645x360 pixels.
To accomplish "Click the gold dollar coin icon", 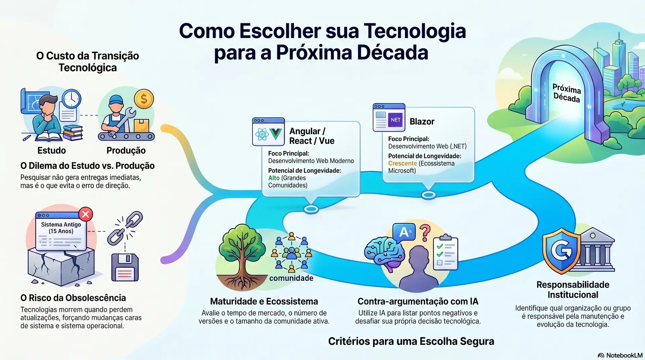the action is pyautogui.click(x=144, y=99).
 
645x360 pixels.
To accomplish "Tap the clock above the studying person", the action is pyautogui.click(x=71, y=99).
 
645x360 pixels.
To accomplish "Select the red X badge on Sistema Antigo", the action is pyautogui.click(x=86, y=214).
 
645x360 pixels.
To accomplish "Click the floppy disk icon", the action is pyautogui.click(x=125, y=267).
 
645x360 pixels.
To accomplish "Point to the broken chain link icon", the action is pyautogui.click(x=125, y=228).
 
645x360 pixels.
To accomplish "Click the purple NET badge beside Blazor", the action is pyautogui.click(x=395, y=120).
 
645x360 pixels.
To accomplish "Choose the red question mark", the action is pyautogui.click(x=425, y=233).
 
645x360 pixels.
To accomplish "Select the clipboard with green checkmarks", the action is pyautogui.click(x=445, y=252).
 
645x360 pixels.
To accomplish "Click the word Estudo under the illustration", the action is pyautogui.click(x=52, y=150).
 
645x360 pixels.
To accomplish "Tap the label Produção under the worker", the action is pyautogui.click(x=126, y=150).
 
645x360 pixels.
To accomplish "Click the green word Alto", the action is pyautogui.click(x=274, y=178).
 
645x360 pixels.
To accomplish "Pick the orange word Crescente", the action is pyautogui.click(x=402, y=164).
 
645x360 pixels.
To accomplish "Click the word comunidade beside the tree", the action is pyautogui.click(x=291, y=278).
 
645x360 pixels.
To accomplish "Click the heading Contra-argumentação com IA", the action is pyautogui.click(x=418, y=301).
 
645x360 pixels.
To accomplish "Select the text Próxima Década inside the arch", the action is pyautogui.click(x=567, y=93).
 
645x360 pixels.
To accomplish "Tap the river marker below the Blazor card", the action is pyautogui.click(x=429, y=195).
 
